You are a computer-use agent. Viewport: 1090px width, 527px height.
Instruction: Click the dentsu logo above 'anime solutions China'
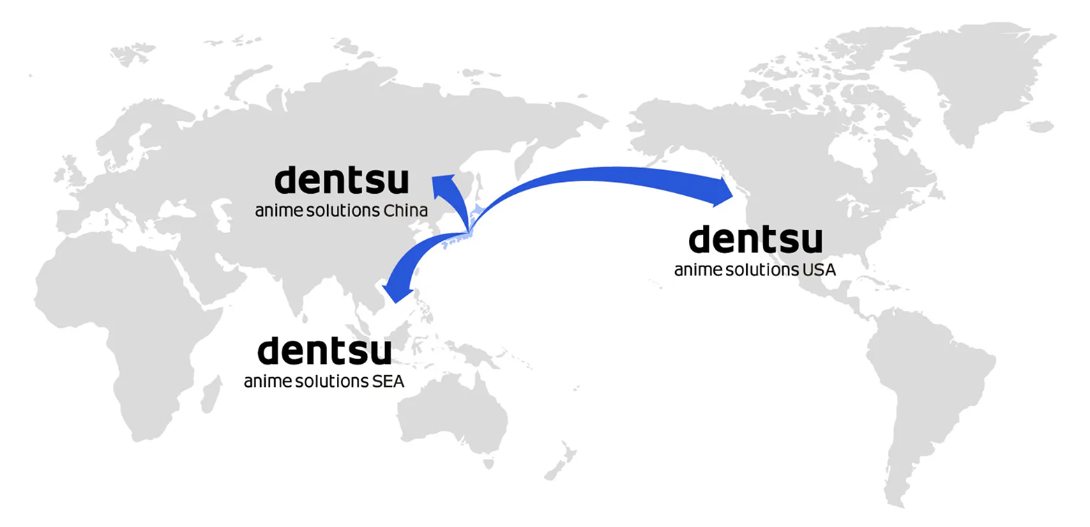point(341,180)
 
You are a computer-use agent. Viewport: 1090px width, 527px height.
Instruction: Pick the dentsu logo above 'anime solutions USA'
point(755,239)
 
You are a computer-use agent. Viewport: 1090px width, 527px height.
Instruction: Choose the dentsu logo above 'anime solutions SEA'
point(324,351)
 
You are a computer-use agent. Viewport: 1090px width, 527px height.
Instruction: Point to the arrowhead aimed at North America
point(722,191)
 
